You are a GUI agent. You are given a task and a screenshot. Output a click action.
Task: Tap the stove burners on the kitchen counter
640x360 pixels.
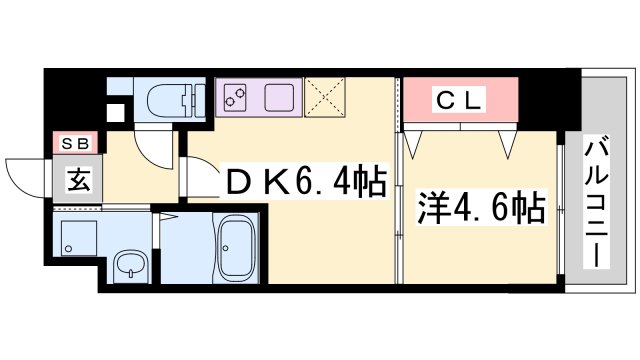(x=238, y=98)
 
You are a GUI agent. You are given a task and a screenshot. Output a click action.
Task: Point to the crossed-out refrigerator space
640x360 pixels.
(x=326, y=98)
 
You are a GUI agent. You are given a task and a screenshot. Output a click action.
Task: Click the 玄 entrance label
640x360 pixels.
(x=77, y=181)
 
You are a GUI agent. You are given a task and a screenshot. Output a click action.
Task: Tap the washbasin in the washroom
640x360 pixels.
(x=130, y=267)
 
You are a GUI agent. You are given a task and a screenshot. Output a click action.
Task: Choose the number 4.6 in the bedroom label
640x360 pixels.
(x=482, y=211)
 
